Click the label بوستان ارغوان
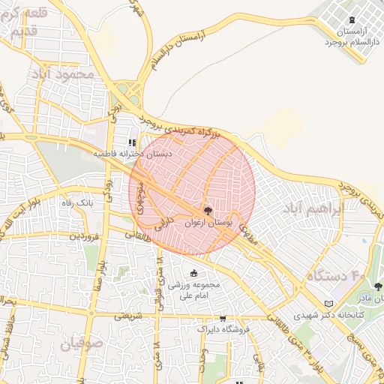click(208, 223)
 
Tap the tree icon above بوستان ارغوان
click(208, 210)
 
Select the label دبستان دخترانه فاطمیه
click(132, 153)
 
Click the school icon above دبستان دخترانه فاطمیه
click(132, 142)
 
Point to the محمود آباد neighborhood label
click(68, 74)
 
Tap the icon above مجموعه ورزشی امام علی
click(195, 273)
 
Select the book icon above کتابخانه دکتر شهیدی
click(327, 304)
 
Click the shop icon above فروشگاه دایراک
click(222, 318)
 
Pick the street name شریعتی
click(128, 316)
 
